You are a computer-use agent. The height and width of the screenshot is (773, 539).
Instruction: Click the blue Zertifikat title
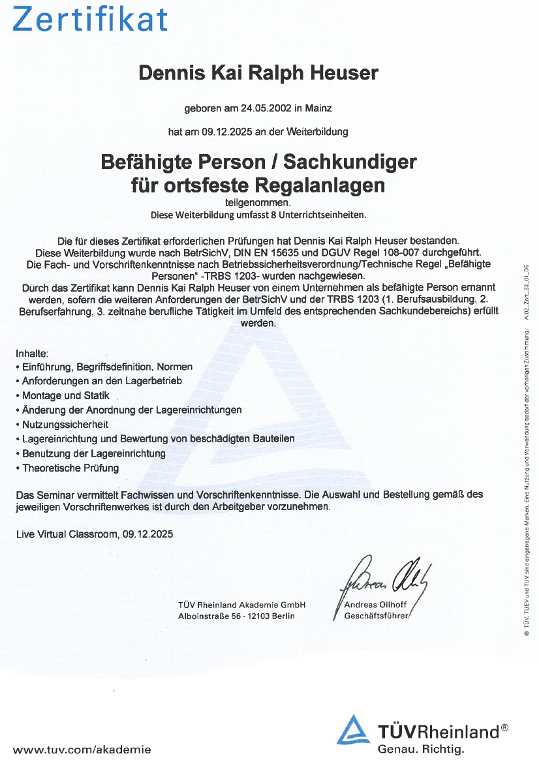pos(91,20)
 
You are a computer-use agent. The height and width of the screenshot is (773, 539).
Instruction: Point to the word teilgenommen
pos(258,203)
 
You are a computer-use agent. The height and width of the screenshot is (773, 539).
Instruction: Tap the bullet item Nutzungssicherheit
pos(65,424)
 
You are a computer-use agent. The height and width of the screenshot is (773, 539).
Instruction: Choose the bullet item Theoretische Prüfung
pos(70,468)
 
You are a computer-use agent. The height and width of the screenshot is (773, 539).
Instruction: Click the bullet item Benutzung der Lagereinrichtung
pos(93,453)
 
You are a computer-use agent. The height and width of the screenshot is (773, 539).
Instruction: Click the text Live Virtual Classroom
pos(67,534)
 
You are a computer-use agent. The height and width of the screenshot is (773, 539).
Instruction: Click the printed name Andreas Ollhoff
pos(375,605)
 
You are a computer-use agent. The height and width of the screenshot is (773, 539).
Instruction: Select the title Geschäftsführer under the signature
pos(376,616)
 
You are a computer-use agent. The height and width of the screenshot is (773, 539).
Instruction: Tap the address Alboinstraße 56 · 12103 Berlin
pos(236,616)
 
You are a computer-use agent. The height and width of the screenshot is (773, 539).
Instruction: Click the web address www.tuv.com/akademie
pos(82,750)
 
